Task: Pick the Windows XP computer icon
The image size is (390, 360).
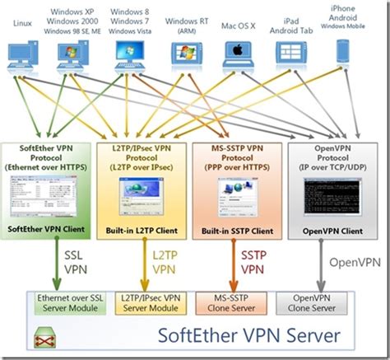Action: [74, 54]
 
